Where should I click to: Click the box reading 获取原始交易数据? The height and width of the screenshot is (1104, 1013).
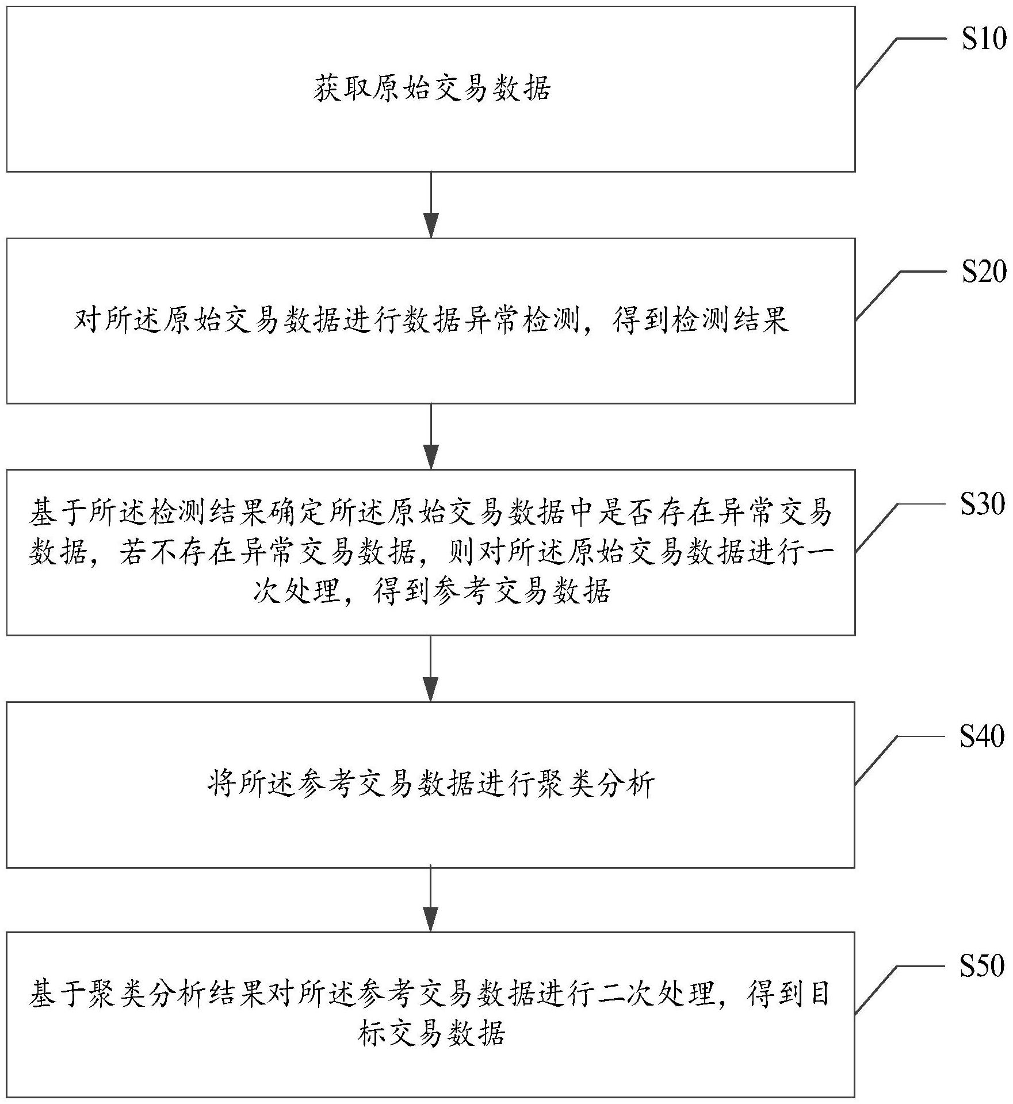[x=430, y=89]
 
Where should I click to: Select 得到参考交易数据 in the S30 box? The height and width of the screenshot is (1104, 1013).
[x=492, y=591]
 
